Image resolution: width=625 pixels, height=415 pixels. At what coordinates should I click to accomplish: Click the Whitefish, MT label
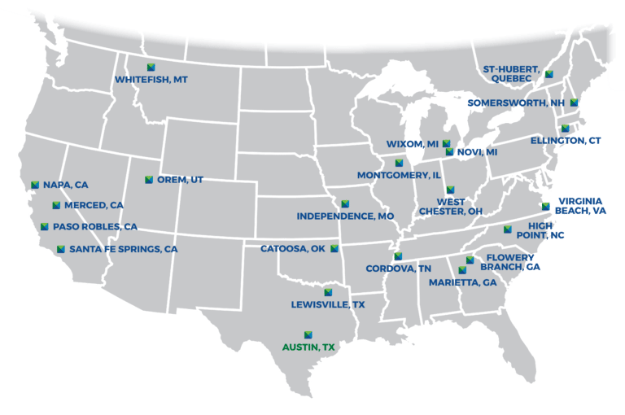click(151, 80)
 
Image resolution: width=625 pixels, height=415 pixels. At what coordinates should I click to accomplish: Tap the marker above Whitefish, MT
click(150, 67)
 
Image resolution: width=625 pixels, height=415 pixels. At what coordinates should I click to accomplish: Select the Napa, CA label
click(66, 185)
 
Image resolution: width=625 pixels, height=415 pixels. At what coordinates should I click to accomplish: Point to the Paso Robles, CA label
click(95, 227)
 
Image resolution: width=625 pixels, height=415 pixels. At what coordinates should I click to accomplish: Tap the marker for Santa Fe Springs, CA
click(60, 249)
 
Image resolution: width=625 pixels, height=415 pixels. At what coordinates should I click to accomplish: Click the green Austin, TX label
click(308, 347)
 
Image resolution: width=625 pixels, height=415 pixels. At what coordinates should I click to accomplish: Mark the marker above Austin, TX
click(308, 334)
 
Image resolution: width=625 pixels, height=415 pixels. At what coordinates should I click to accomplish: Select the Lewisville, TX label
click(328, 304)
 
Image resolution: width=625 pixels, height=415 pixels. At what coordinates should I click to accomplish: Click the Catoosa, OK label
click(293, 249)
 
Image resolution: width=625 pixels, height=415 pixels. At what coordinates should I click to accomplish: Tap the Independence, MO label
click(345, 216)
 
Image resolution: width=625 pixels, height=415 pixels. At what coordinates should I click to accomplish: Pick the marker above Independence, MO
click(345, 203)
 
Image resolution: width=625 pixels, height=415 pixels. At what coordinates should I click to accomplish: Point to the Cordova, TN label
click(398, 268)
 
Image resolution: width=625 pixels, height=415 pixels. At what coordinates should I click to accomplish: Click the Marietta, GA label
click(462, 283)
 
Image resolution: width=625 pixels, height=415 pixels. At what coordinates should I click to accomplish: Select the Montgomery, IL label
click(398, 175)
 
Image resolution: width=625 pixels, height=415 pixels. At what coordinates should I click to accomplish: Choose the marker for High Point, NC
click(508, 229)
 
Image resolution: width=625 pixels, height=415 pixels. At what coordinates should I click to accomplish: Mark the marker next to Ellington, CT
click(565, 129)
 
